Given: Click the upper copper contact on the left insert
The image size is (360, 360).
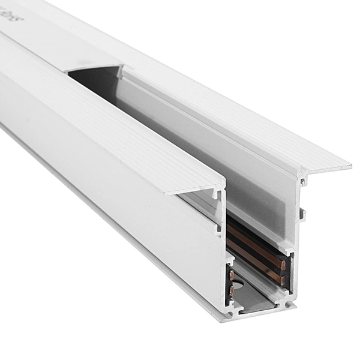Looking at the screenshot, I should click(x=231, y=275).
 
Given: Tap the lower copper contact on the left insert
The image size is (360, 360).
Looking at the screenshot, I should click(x=231, y=291).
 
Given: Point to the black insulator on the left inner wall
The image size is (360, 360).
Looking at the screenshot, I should click(x=232, y=283).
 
